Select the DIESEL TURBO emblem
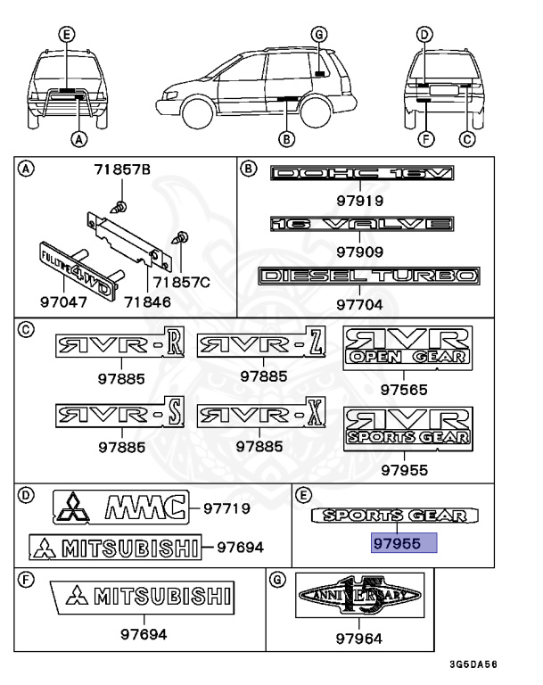(x=368, y=276)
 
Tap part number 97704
(x=359, y=304)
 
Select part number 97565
(x=404, y=389)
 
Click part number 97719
(x=227, y=508)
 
